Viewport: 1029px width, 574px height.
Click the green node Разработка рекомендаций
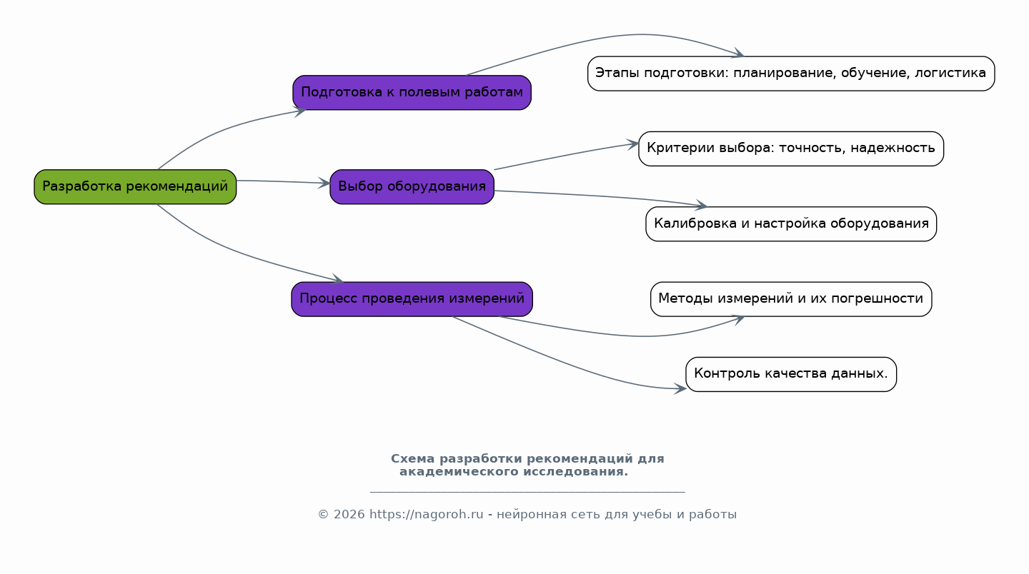[135, 187]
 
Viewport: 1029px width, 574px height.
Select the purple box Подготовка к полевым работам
[412, 93]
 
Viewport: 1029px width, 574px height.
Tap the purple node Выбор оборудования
[412, 187]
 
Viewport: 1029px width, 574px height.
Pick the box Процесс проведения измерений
[412, 299]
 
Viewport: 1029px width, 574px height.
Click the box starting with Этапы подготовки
[791, 74]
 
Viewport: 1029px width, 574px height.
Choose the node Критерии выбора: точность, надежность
[791, 148]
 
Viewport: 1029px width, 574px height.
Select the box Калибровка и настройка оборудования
[791, 224]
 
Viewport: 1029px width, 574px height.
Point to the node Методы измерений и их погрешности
[791, 299]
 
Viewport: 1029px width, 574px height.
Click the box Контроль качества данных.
[791, 374]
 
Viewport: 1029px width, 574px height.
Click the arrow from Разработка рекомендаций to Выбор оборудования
[284, 182]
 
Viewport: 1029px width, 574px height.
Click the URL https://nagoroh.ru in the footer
[427, 514]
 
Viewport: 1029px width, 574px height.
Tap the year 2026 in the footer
[349, 514]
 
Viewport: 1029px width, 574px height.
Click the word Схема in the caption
[412, 459]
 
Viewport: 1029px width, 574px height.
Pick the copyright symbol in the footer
[324, 514]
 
